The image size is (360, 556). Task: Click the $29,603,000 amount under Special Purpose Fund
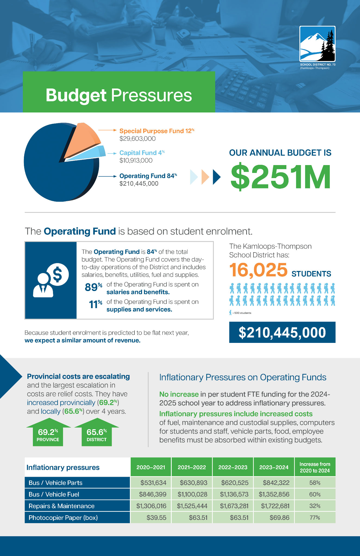point(137,139)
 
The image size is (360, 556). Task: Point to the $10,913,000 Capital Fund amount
point(136,160)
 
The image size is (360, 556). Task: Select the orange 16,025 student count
point(258,270)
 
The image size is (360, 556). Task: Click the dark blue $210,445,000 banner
point(282,332)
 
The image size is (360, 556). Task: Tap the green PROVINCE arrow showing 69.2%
point(48,433)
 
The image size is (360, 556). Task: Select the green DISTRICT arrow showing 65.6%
point(96,433)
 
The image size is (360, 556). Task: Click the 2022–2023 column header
point(233,467)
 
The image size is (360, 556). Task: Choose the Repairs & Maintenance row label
point(62,506)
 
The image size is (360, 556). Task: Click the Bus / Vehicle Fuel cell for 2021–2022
point(192,494)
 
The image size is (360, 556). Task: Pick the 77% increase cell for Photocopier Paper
point(315,518)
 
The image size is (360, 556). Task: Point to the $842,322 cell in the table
point(276,483)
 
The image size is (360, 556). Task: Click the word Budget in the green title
point(76,95)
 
